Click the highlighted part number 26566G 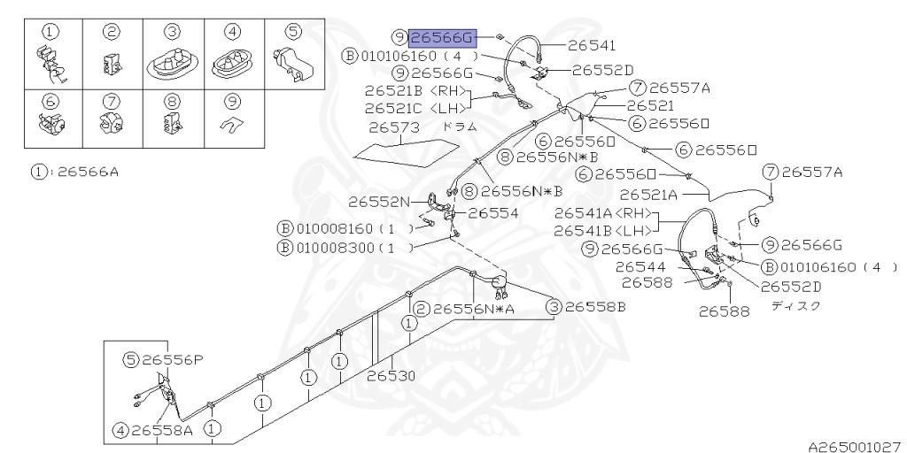click(443, 38)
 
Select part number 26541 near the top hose click(592, 45)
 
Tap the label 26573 click(394, 127)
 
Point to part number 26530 click(391, 376)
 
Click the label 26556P click(173, 360)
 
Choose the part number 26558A click(161, 430)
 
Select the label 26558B click(595, 307)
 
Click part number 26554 click(493, 213)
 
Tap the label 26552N click(379, 202)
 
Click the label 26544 click(640, 267)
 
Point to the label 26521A click(647, 195)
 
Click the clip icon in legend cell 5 click(293, 63)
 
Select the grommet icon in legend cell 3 click(173, 63)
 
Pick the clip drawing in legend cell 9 click(233, 124)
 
